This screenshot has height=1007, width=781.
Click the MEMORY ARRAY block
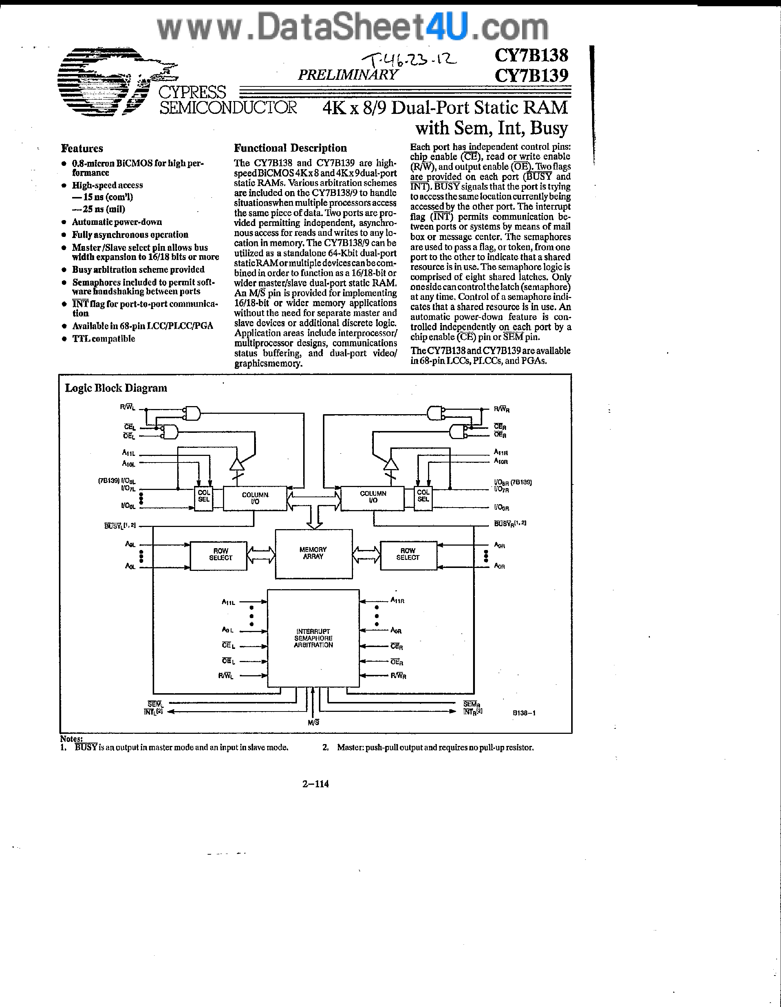click(x=313, y=553)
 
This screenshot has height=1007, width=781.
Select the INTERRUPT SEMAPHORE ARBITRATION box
click(x=313, y=638)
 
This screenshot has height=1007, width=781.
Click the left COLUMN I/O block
click(x=255, y=498)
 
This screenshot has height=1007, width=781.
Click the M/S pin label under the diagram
click(x=313, y=722)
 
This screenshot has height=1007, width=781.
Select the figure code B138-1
click(x=524, y=713)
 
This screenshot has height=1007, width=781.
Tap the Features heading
click(x=82, y=148)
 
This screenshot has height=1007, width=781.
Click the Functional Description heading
click(x=290, y=148)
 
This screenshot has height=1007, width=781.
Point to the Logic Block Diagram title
click(x=116, y=388)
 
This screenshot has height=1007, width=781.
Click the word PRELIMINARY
click(x=347, y=75)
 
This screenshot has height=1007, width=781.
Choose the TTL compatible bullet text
click(x=104, y=338)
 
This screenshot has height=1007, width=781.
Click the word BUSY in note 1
click(x=86, y=747)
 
